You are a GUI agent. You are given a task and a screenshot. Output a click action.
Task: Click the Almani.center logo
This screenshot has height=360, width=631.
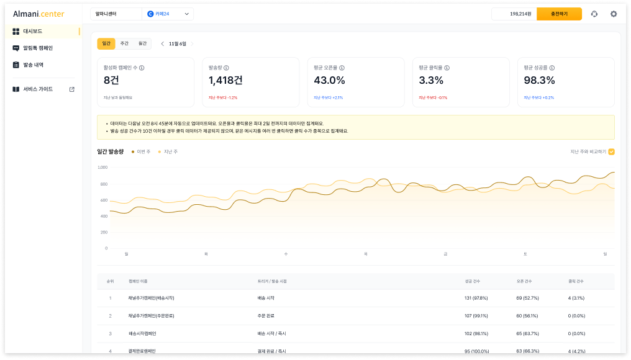click(39, 14)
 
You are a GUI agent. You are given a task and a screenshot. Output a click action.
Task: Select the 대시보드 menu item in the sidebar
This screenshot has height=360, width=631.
click(32, 31)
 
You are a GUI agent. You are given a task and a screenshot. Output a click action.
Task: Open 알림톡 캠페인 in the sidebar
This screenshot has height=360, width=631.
click(37, 48)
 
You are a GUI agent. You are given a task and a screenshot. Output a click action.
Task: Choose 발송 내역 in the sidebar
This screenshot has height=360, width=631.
click(33, 65)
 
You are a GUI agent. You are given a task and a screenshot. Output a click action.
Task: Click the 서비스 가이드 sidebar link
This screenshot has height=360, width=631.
click(37, 89)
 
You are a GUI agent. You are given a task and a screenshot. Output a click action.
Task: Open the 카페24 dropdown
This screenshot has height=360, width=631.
click(168, 14)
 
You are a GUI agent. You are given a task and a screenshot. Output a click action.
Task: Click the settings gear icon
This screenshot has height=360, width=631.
click(614, 14)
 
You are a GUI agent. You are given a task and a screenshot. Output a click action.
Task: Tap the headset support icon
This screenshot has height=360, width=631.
click(594, 14)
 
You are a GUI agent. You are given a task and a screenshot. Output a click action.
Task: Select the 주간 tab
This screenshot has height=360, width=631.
click(124, 43)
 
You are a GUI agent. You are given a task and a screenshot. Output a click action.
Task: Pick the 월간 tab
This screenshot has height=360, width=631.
click(142, 43)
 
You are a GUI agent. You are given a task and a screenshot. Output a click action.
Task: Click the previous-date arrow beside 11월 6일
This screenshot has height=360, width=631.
click(163, 43)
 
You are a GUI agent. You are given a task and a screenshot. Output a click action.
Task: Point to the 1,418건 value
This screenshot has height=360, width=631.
click(225, 80)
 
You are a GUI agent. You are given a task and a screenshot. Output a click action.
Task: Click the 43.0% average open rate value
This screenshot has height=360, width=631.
click(329, 80)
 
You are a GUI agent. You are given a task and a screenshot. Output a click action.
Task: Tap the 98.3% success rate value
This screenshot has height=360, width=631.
click(539, 80)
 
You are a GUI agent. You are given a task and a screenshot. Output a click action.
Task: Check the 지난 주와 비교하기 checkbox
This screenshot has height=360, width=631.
click(612, 151)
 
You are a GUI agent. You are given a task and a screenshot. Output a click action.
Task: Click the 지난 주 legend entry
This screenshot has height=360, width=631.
click(168, 151)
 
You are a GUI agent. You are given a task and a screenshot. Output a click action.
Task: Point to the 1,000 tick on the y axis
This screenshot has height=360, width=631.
click(102, 168)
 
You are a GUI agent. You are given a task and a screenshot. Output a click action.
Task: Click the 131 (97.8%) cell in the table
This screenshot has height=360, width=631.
click(476, 298)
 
